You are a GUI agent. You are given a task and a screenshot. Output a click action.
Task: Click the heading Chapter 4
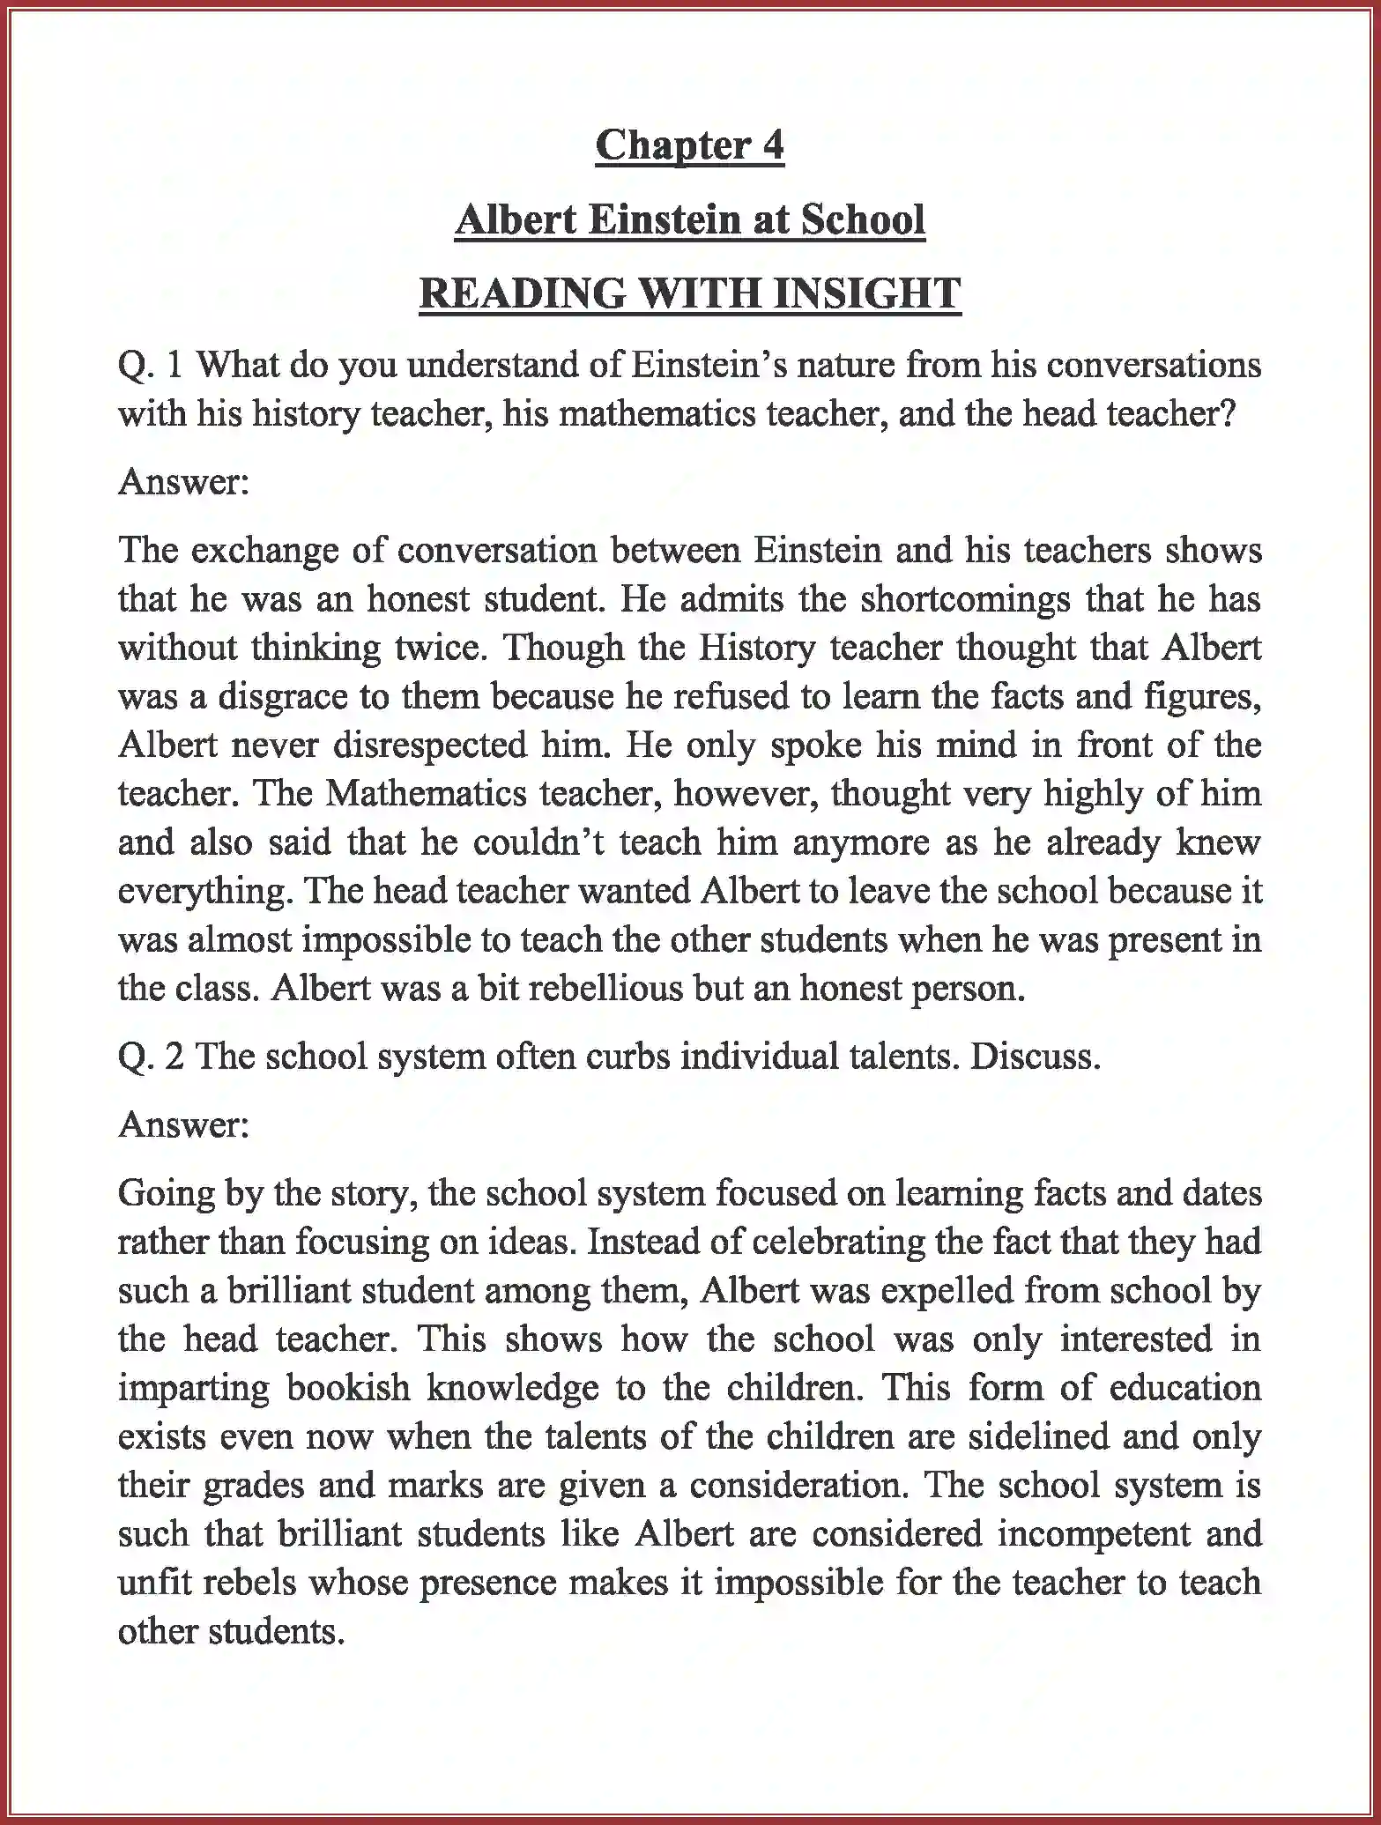689,145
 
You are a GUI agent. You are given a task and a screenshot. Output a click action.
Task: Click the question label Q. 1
150,365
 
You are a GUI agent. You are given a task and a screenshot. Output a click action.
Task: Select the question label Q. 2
150,1057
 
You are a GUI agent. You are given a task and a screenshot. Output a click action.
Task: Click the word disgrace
282,696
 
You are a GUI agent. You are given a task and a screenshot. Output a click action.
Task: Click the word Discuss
1035,1057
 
